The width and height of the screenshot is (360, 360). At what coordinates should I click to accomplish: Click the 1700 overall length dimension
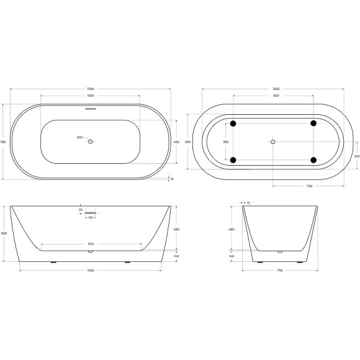(90, 89)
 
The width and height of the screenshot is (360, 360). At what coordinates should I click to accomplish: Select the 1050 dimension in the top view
(90, 96)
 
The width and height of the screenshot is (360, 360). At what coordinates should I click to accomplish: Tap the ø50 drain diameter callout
(79, 137)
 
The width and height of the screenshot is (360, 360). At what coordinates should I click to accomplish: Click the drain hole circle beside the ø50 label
(90, 142)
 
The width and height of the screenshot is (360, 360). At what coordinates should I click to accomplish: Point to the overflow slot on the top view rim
(90, 109)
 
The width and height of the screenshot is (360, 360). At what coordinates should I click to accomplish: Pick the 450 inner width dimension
(176, 142)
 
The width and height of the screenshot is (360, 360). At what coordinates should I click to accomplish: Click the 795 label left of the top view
(4, 142)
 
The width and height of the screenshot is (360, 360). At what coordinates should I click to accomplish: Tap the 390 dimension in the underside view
(225, 142)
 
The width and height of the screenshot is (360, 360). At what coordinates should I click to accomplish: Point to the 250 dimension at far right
(356, 156)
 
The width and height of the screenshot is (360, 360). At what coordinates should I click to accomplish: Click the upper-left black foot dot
(233, 123)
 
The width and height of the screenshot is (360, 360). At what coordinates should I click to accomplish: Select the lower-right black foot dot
(313, 160)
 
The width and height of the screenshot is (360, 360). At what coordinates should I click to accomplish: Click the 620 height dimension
(4, 233)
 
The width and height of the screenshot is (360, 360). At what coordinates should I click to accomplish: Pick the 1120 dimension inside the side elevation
(90, 244)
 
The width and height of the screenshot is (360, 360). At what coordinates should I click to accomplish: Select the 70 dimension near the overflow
(81, 210)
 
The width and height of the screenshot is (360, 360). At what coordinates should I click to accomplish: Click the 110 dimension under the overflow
(90, 218)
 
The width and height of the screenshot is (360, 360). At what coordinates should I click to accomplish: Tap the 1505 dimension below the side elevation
(90, 271)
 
